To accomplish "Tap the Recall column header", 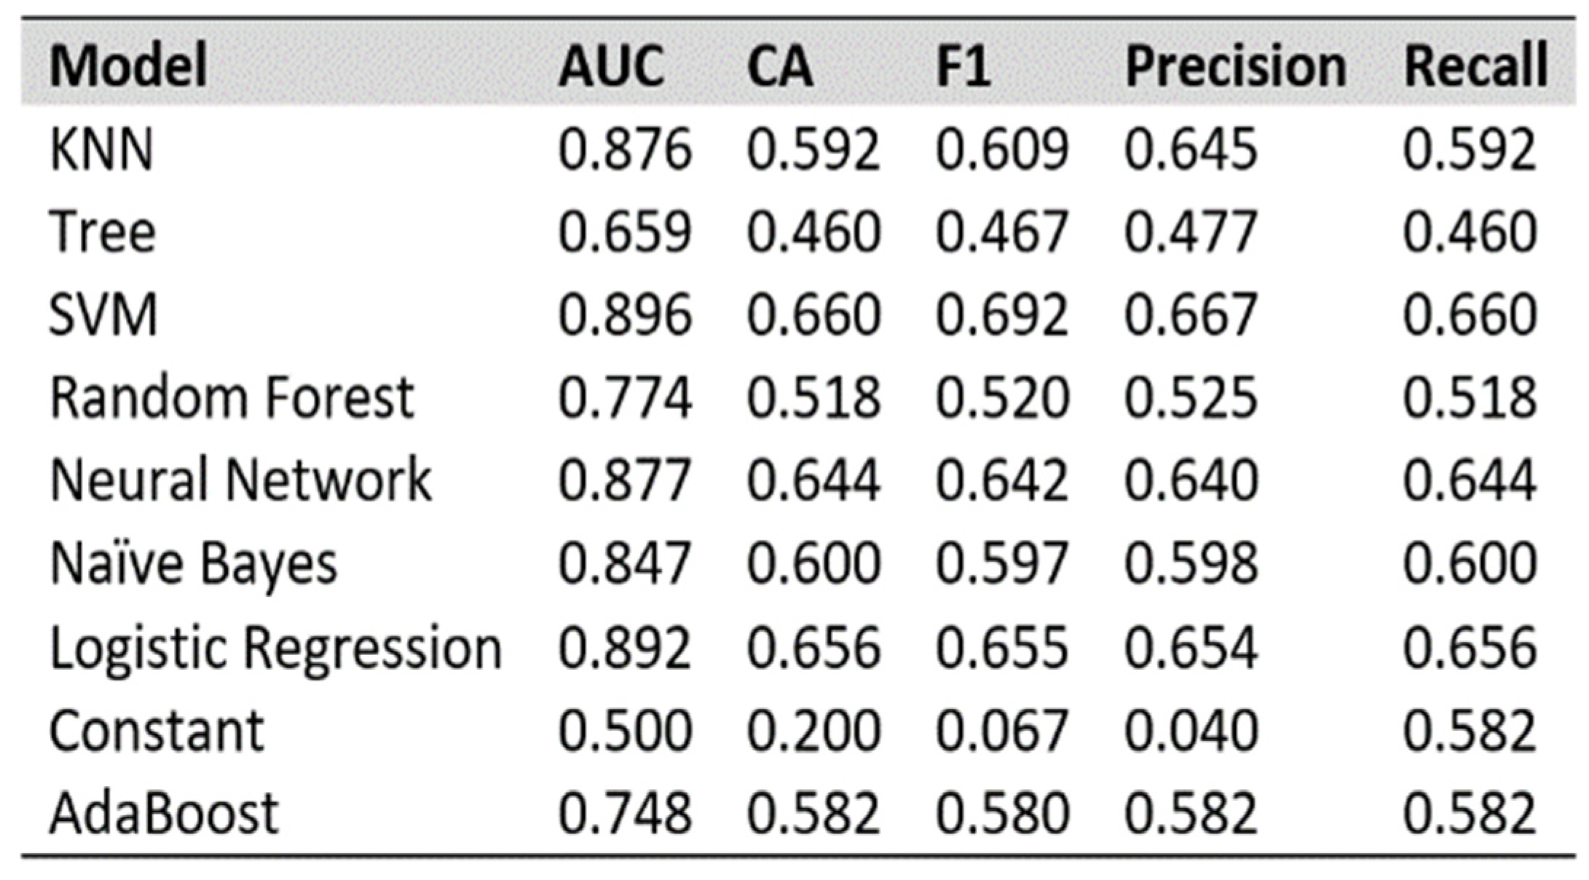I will click(1475, 66).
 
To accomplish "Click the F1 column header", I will click(962, 66).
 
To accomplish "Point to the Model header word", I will click(128, 66).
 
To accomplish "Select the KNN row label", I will click(101, 149).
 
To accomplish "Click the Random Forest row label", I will click(232, 398).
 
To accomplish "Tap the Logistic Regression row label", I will click(275, 648).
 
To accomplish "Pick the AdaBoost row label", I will click(164, 813).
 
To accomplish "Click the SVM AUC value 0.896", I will click(624, 315).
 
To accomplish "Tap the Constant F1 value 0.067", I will click(1001, 731).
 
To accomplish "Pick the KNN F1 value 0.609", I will click(1001, 149).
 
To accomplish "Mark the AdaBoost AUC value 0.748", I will click(624, 813).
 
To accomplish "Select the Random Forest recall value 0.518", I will click(1469, 398).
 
